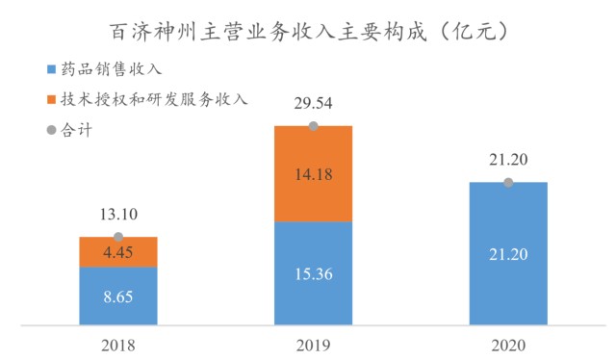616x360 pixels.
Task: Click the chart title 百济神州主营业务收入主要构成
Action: point(269,32)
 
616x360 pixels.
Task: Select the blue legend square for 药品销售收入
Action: point(51,69)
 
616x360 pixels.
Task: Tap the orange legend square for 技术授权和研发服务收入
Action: point(51,99)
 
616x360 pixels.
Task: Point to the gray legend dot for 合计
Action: point(51,130)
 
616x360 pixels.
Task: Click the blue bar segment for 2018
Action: point(118,296)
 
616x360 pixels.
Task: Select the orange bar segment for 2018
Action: point(118,252)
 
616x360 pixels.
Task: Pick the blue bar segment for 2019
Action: point(313,273)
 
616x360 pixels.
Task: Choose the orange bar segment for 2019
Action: point(313,174)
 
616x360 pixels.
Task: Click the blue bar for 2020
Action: point(508,253)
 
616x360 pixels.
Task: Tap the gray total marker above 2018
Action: point(118,237)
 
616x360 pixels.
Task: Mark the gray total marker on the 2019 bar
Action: point(313,126)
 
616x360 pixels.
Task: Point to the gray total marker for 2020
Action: point(508,182)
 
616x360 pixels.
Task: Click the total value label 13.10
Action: point(118,215)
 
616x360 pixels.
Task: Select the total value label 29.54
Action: point(313,103)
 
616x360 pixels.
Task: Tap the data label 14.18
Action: point(314,174)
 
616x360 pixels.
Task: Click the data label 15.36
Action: point(314,274)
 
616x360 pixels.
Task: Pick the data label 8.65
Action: point(118,296)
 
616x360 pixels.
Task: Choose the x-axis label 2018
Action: point(118,346)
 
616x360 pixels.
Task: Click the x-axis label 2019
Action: point(313,346)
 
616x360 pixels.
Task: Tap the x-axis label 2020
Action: point(508,346)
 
